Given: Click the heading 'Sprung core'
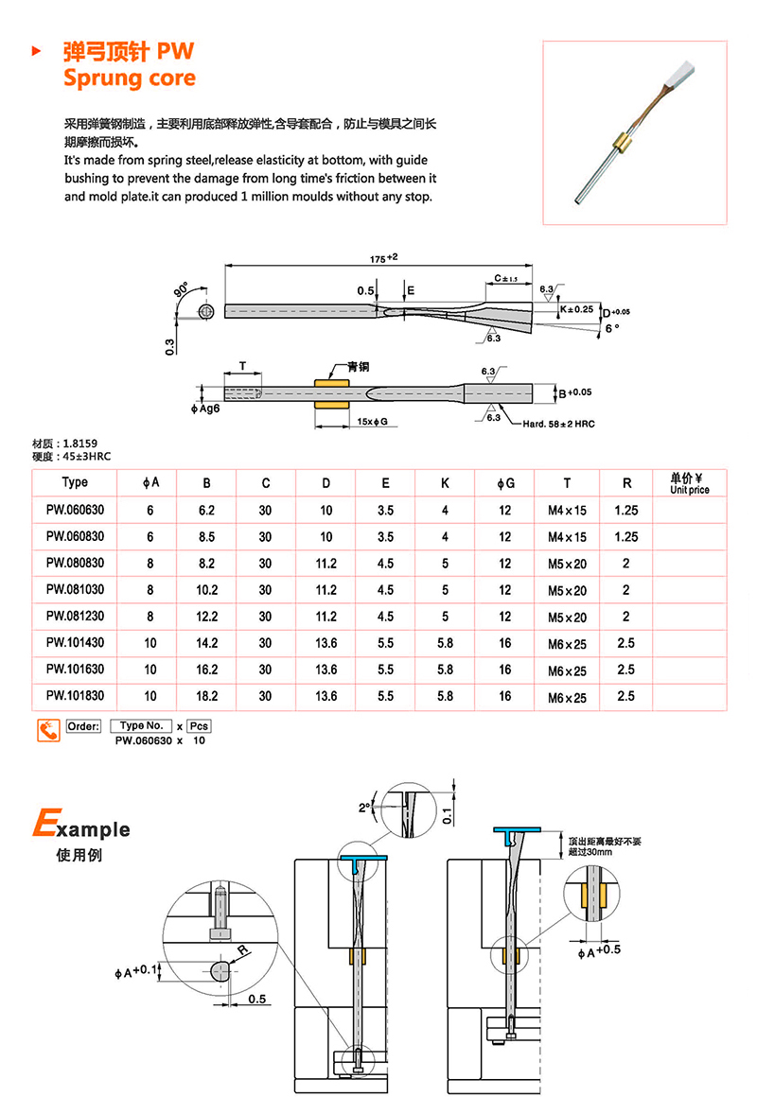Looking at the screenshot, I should (130, 78).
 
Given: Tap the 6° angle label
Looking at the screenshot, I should (611, 328).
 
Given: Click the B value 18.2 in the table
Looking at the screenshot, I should (206, 695).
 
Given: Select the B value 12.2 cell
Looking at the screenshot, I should (206, 617).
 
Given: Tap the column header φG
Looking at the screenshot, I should (506, 483).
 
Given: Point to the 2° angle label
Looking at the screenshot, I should (364, 809).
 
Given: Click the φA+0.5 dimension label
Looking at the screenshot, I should (598, 949).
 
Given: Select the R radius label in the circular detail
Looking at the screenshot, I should (242, 950).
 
